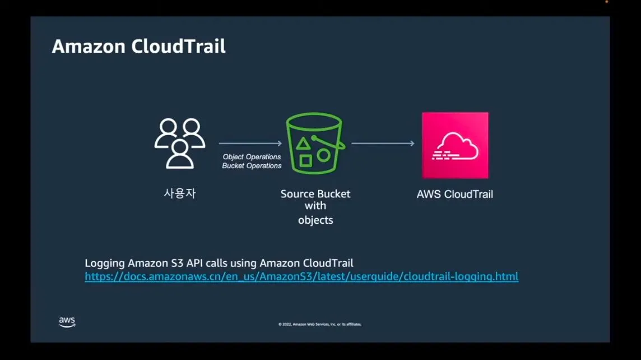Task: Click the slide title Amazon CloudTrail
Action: (x=138, y=47)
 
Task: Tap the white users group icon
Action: (x=179, y=144)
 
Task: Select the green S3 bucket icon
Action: (x=315, y=144)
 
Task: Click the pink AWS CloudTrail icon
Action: (x=455, y=145)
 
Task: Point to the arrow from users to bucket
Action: (x=250, y=144)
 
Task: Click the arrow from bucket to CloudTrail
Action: (x=383, y=144)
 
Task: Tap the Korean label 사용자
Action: (x=179, y=194)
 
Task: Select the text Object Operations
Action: (x=252, y=157)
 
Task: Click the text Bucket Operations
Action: (x=252, y=166)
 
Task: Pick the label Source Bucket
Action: (x=315, y=194)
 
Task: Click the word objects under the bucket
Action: (x=315, y=220)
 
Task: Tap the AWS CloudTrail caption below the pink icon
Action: (x=455, y=195)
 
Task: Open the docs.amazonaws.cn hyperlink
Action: (x=301, y=276)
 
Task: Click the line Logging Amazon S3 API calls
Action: (x=219, y=263)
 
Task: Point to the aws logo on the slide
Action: (x=67, y=322)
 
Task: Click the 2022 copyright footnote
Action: (x=320, y=324)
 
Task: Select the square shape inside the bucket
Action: (x=305, y=161)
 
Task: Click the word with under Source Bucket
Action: (x=315, y=206)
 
